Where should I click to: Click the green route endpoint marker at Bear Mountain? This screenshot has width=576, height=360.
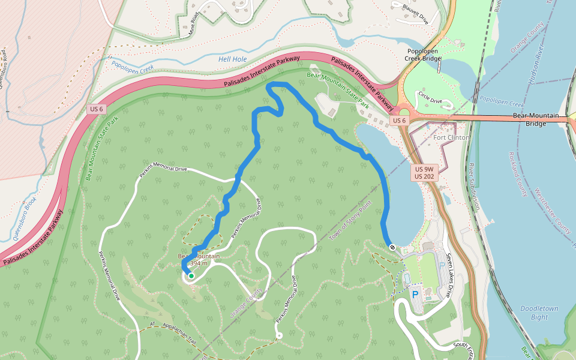pos(191,276)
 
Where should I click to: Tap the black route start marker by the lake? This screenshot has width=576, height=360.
pos(392,247)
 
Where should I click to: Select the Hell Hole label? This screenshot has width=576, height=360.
pos(232,59)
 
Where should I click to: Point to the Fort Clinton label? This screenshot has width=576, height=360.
pos(451,137)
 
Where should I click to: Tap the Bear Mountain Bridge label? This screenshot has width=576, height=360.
pos(537,119)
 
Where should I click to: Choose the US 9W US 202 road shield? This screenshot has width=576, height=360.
pos(425,173)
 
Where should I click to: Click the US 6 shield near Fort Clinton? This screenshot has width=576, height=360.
pos(400,121)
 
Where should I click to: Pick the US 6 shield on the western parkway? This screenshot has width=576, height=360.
pos(96,109)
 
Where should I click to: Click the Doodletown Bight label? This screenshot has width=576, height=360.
pos(539,313)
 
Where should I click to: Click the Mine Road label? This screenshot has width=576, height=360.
pos(193,25)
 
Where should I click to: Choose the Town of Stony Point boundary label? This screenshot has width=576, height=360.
pos(350,221)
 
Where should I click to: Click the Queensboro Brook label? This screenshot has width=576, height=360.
pos(25,219)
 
